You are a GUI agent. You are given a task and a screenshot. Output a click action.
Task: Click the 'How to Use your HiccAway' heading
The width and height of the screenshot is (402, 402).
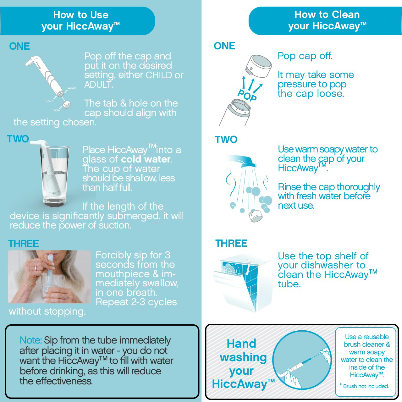click(80, 21)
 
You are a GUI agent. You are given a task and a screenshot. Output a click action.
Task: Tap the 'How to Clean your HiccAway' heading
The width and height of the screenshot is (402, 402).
click(327, 20)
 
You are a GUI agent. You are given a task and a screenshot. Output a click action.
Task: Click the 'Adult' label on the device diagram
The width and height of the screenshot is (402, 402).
click(72, 88)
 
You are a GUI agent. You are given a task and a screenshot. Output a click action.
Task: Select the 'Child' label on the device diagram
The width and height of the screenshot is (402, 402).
click(49, 101)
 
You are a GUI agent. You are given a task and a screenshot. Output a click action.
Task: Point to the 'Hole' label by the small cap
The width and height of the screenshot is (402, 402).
click(56, 110)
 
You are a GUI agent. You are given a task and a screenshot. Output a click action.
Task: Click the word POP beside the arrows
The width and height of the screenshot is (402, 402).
click(247, 96)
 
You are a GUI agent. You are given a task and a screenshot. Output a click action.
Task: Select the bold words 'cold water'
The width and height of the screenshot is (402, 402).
click(146, 159)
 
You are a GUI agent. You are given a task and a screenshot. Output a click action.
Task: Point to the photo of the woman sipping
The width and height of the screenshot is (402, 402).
click(49, 277)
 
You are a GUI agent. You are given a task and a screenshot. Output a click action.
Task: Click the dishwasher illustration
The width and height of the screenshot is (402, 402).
click(242, 283)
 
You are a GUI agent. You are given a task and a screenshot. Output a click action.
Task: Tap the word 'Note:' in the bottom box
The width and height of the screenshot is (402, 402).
click(31, 340)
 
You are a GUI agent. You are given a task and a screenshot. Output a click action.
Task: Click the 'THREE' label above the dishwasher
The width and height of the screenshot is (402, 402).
click(231, 243)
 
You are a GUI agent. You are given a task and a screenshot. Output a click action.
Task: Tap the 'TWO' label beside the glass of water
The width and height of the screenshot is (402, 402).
click(18, 139)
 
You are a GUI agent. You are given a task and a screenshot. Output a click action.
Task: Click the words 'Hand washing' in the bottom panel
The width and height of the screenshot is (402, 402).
click(243, 350)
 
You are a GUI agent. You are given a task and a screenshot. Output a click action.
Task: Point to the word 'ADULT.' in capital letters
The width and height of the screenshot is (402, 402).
click(98, 85)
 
